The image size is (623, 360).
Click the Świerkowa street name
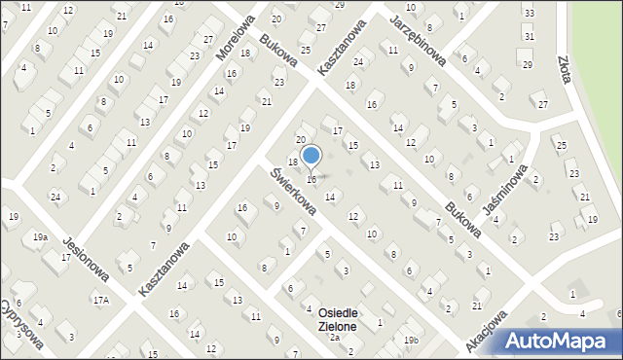coord(293,191)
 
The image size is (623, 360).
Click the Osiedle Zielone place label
coord(337,319)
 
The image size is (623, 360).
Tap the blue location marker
coord(311,155)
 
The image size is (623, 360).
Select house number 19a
coord(39,237)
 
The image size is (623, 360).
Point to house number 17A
coord(101,301)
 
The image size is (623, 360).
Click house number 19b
coord(412,340)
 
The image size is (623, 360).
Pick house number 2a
coord(334,337)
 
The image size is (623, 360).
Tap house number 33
coord(529,13)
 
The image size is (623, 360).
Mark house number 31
coord(529,36)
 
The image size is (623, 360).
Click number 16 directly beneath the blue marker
coord(311,179)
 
